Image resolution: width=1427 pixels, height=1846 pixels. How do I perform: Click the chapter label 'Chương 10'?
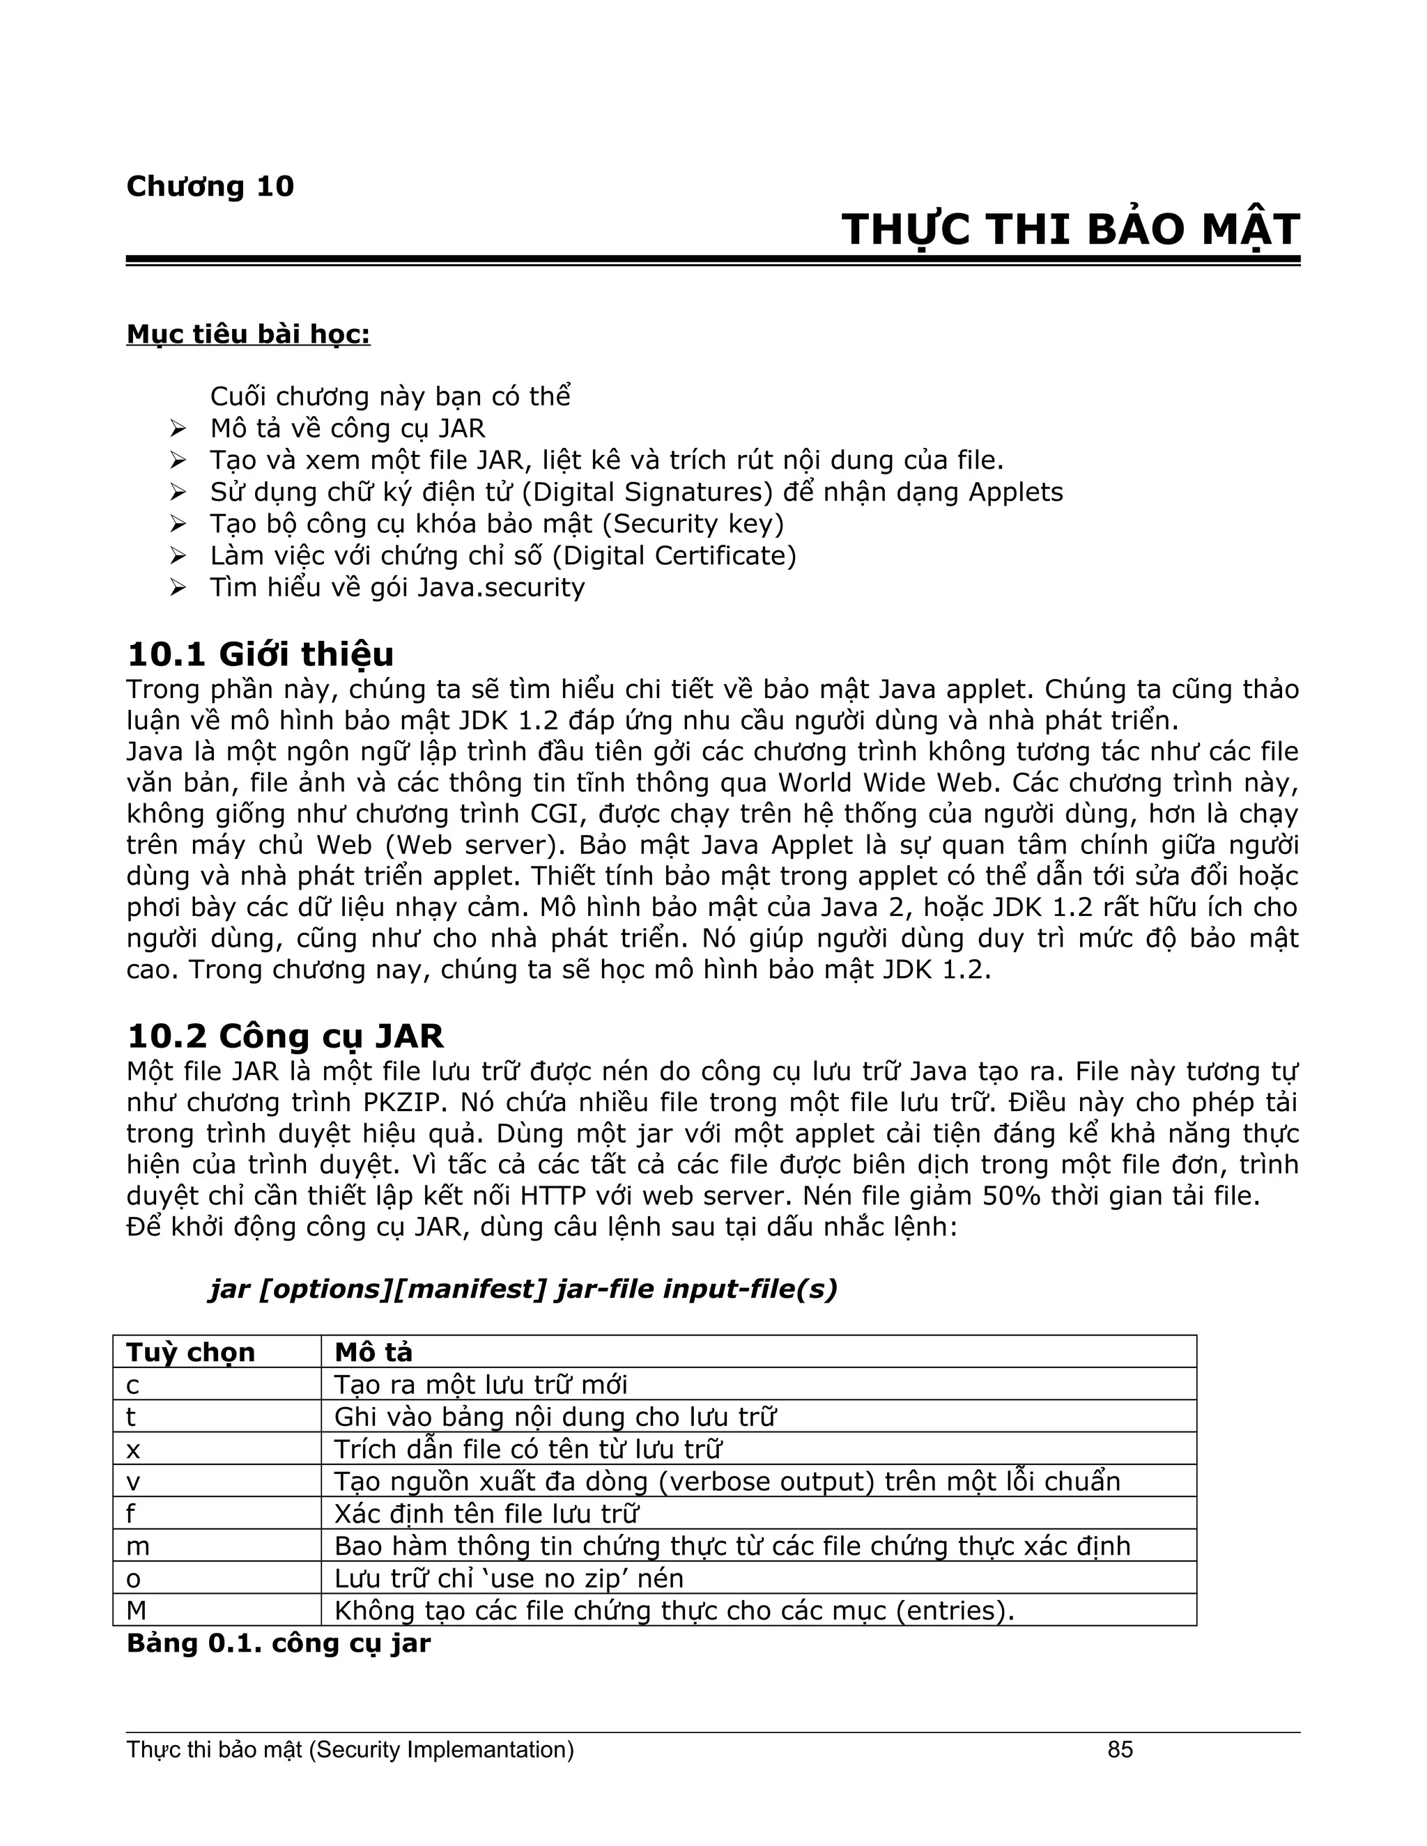point(210,187)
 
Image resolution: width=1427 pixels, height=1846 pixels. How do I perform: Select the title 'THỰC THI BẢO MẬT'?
point(1070,230)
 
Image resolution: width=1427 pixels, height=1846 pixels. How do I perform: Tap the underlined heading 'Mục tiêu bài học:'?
point(247,334)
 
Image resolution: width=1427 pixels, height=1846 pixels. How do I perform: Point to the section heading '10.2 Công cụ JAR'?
point(285,1037)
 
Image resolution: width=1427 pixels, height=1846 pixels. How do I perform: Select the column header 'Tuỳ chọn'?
point(190,1352)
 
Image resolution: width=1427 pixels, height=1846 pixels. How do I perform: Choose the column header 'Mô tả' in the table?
point(373,1352)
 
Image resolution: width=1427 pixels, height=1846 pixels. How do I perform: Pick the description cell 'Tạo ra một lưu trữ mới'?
point(481,1385)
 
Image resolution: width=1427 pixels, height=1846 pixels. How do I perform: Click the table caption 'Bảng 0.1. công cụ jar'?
point(278,1643)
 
